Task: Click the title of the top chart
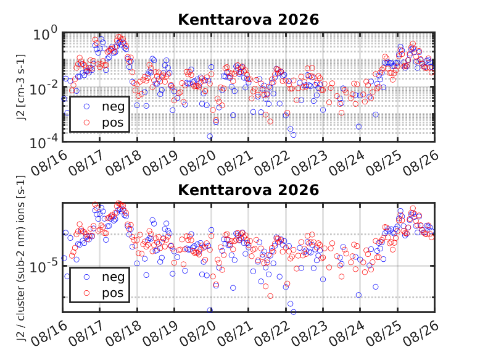[248, 20]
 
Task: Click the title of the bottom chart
[248, 190]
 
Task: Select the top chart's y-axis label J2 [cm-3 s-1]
[20, 87]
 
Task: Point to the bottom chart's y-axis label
[20, 258]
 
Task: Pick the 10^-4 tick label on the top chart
[43, 142]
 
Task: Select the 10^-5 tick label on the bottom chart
[43, 266]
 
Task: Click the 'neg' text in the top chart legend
[114, 107]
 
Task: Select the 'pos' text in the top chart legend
[113, 123]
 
